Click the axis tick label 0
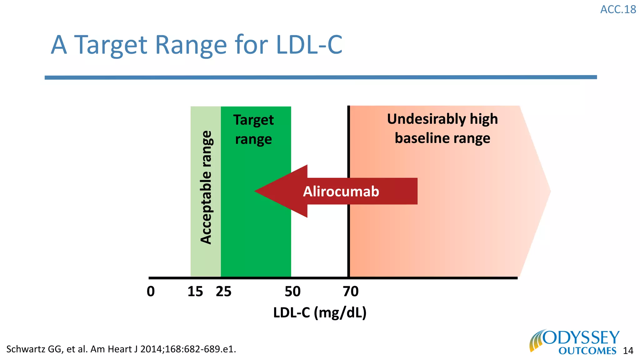[151, 292]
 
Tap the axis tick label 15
[195, 292]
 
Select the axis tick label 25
[223, 292]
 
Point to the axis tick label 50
[292, 292]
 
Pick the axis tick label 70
[351, 292]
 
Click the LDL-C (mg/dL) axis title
[320, 312]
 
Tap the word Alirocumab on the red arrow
[341, 191]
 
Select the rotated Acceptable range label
[206, 187]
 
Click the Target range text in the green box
[253, 129]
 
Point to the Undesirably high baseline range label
[442, 128]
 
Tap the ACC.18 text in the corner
[618, 10]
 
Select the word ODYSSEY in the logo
[581, 338]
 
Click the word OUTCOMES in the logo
[587, 351]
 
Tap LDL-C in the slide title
[309, 45]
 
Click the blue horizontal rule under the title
[321, 77]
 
